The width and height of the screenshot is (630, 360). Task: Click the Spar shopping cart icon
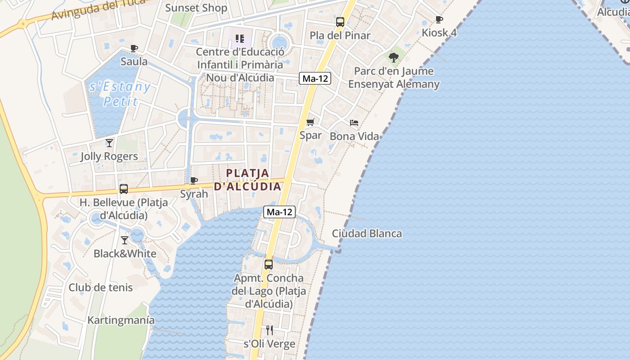click(x=310, y=122)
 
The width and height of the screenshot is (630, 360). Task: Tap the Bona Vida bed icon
click(x=354, y=122)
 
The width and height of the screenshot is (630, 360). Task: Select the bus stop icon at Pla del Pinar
click(x=340, y=22)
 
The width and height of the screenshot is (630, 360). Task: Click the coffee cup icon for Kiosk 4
click(x=439, y=19)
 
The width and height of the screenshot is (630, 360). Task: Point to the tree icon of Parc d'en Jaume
click(x=394, y=57)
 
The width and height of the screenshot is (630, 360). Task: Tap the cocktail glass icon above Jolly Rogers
click(x=109, y=143)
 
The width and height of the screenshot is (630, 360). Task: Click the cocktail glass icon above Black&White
click(x=125, y=240)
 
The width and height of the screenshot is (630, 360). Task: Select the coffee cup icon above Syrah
click(x=194, y=180)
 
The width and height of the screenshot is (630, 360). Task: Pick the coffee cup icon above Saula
click(x=134, y=48)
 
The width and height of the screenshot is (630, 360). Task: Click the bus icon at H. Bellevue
click(x=124, y=189)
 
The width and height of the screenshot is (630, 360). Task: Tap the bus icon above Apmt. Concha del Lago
click(x=269, y=265)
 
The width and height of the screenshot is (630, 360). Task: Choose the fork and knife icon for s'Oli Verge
click(x=269, y=330)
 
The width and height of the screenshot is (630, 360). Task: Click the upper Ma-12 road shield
click(x=315, y=78)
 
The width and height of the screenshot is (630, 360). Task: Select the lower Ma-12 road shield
click(x=279, y=212)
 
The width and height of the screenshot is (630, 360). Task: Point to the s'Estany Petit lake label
click(x=120, y=94)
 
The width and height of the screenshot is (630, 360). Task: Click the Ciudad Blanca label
click(x=367, y=234)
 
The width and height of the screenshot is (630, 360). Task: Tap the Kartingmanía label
click(x=121, y=320)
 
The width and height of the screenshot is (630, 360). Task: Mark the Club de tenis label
click(x=101, y=288)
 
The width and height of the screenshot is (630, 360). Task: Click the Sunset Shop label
click(x=196, y=8)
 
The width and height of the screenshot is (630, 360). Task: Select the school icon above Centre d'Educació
click(x=240, y=39)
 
